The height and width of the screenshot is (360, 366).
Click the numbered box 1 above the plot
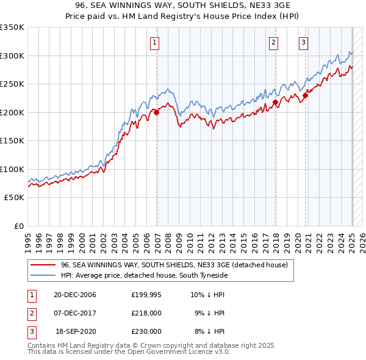click(x=155, y=43)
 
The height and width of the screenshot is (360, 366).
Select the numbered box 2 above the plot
click(x=273, y=43)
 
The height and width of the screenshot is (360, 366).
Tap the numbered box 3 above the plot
click(x=303, y=43)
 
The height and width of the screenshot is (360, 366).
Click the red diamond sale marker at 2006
click(x=157, y=112)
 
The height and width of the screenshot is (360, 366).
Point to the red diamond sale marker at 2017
click(x=275, y=102)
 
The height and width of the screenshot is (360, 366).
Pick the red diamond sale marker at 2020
click(x=305, y=95)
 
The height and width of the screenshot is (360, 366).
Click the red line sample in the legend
click(x=43, y=265)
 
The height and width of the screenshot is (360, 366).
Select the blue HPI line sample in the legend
click(x=43, y=276)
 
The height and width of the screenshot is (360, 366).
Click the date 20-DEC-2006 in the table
click(x=75, y=295)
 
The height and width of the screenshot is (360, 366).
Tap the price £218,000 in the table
click(x=146, y=314)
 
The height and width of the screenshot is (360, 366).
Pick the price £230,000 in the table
click(x=146, y=331)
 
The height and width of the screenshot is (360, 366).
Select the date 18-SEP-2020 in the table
click(x=76, y=331)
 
